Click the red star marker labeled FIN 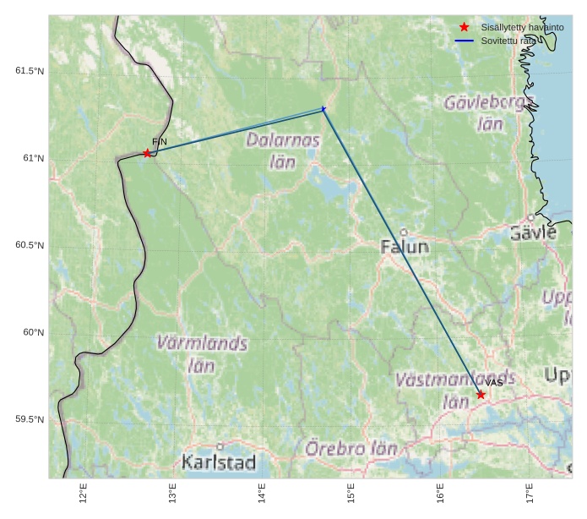point(147,153)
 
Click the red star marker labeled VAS point(481,395)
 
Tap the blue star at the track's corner point(323,109)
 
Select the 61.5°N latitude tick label point(30,71)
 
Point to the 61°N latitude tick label point(33,158)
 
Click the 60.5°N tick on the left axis point(30,245)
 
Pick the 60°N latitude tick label point(33,332)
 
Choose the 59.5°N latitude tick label point(30,419)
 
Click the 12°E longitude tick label point(83,493)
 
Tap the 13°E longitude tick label point(172,493)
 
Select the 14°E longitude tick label point(262,493)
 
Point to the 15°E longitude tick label point(351,493)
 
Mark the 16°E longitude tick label point(440,493)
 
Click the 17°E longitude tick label point(530,493)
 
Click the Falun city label point(405,247)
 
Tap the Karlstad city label point(219,462)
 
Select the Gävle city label point(533,232)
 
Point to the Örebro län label point(351,449)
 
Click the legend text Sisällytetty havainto point(522,27)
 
